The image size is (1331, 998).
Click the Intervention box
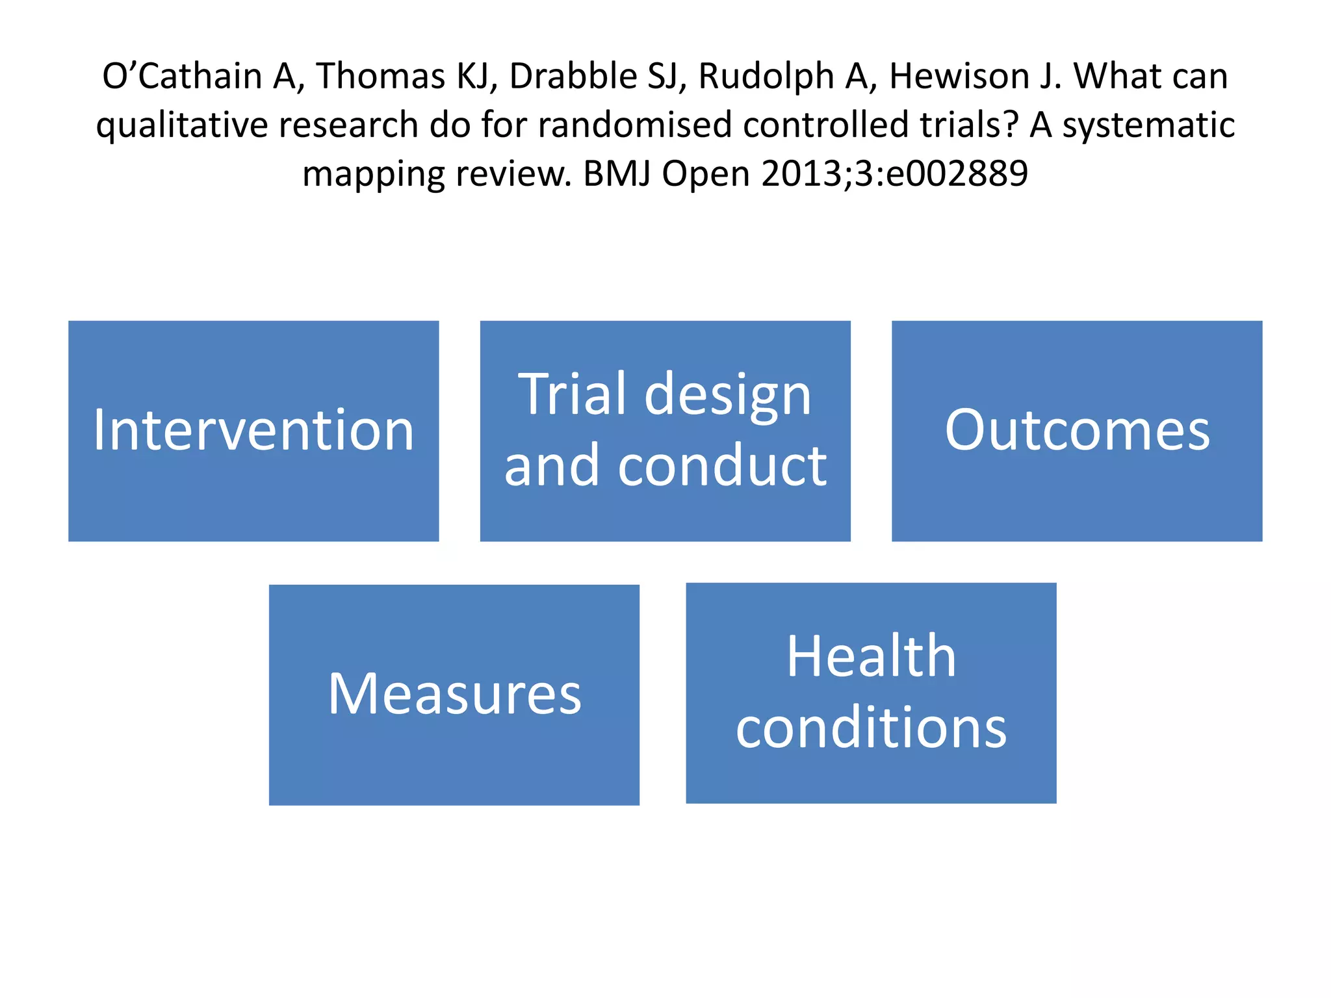click(x=253, y=430)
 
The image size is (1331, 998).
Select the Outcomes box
click(x=1077, y=430)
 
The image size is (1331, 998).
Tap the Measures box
click(x=454, y=694)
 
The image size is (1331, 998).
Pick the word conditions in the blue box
click(x=871, y=728)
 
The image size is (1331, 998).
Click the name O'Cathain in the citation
click(x=182, y=76)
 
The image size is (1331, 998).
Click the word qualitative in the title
click(x=181, y=126)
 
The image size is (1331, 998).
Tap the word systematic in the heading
click(x=1148, y=126)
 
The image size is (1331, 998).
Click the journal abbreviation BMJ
click(x=617, y=174)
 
